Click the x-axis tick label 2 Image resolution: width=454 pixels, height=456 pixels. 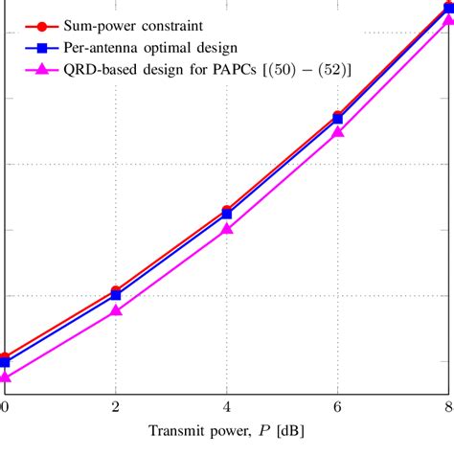[116, 406]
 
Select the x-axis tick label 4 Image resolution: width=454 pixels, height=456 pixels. [227, 406]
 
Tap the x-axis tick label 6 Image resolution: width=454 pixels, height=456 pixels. [337, 406]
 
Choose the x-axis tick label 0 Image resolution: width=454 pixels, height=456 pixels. [6, 406]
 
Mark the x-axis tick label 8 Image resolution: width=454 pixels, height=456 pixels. [447, 406]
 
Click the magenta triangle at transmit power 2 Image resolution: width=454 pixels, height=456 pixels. [116, 310]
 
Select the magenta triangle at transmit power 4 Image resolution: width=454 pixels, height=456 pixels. [227, 229]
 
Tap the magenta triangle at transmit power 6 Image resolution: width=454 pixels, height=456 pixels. [337, 132]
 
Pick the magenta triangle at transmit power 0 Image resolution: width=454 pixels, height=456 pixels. [6, 377]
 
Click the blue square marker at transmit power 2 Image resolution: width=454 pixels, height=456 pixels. [116, 295]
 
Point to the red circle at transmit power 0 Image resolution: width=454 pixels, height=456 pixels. [5, 357]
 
